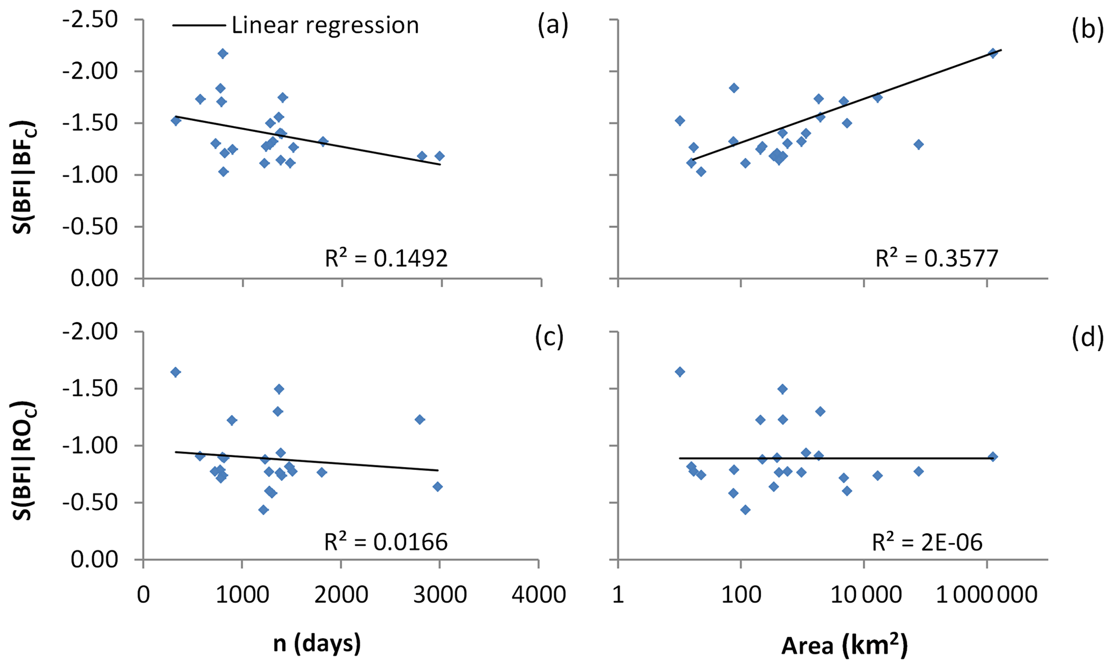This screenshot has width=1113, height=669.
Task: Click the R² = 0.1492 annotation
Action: point(386,259)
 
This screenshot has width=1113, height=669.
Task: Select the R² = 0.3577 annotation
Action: point(937,259)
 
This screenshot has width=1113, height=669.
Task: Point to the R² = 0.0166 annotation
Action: point(386,542)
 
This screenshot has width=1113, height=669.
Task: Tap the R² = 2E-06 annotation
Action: point(927,542)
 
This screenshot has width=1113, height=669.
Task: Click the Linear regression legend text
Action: point(325,25)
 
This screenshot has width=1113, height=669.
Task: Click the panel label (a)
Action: point(552,25)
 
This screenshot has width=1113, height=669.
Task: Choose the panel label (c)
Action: point(549,337)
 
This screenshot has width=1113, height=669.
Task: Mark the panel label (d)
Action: point(1087,337)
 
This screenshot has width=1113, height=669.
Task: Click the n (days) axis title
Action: point(317,644)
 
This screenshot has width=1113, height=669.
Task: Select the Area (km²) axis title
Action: point(844,645)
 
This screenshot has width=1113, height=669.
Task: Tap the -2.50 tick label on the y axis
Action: point(97,20)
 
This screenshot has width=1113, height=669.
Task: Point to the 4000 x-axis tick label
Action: point(539,595)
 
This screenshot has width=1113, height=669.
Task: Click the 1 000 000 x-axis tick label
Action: point(986,595)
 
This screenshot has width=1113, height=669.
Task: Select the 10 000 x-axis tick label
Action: point(864,595)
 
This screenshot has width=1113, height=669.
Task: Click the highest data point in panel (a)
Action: point(222,53)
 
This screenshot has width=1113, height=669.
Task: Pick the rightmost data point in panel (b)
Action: point(993,53)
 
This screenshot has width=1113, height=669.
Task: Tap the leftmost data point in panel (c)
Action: point(176,372)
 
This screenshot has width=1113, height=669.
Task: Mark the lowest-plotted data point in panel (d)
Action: point(745,510)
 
